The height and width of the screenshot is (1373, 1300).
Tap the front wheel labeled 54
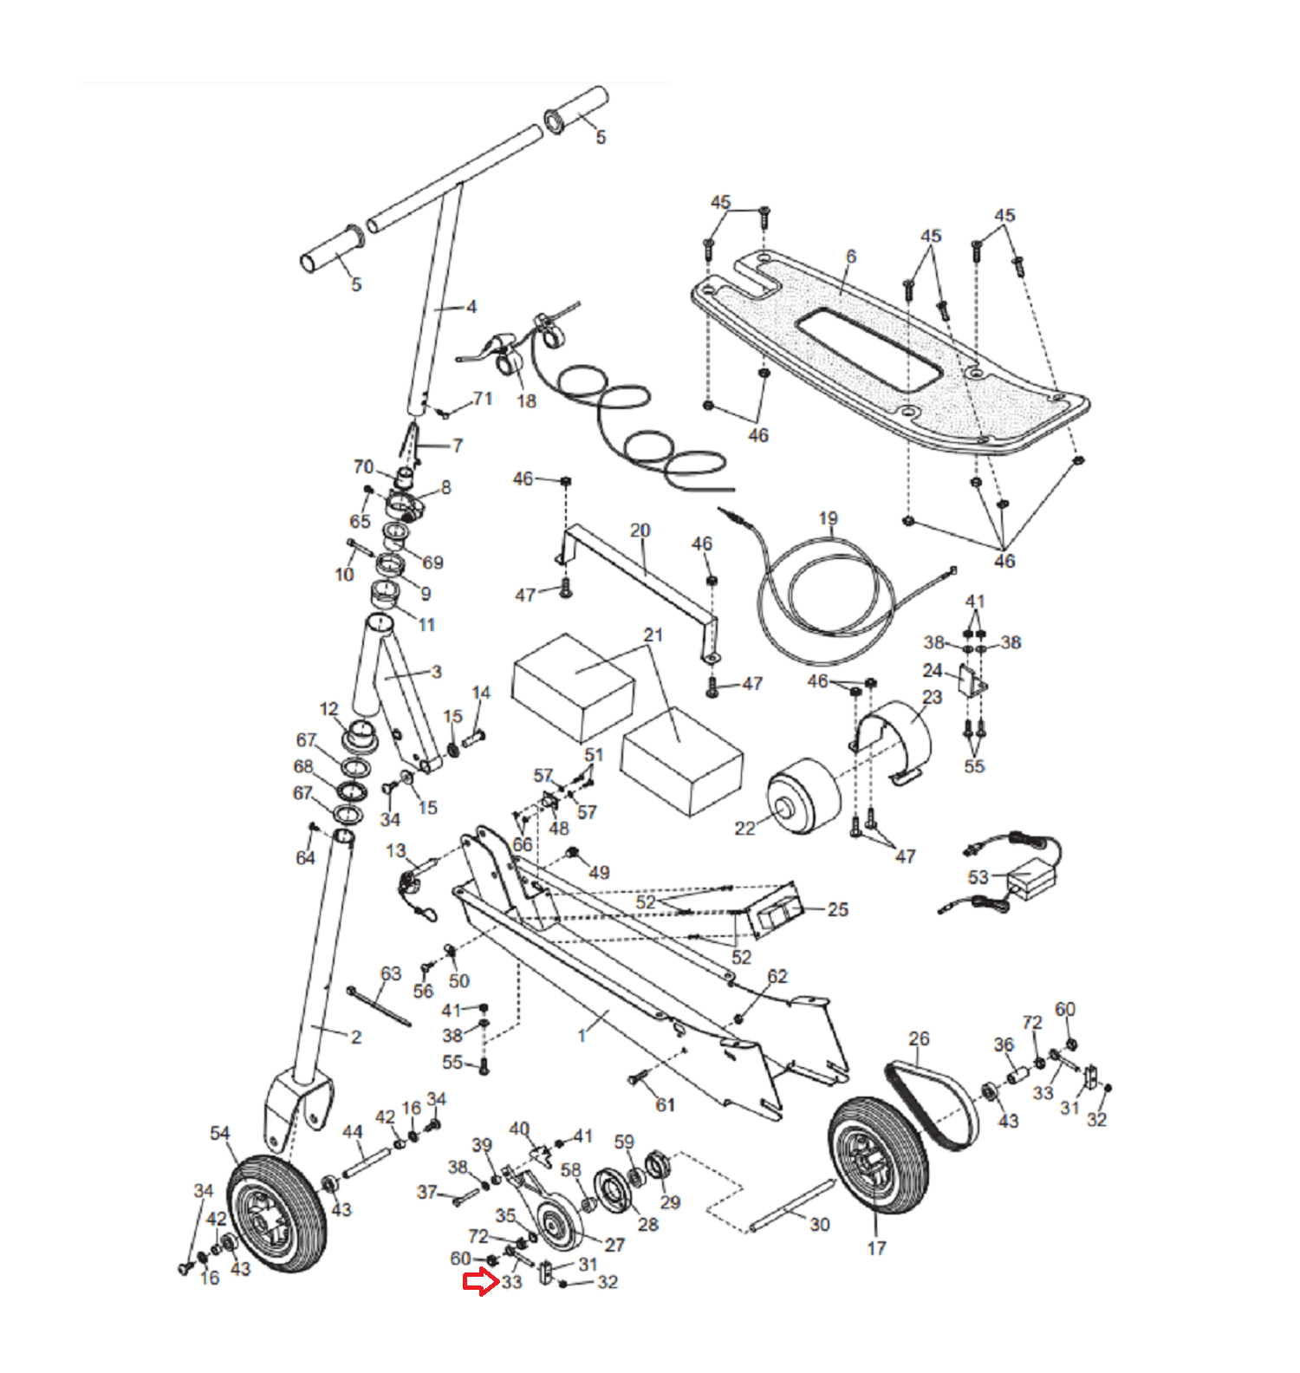(276, 1214)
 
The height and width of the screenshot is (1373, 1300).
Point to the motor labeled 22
(803, 797)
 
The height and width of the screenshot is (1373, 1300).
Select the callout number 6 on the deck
(851, 257)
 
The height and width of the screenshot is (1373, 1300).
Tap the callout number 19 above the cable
(829, 518)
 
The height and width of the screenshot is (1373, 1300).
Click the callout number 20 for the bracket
(640, 530)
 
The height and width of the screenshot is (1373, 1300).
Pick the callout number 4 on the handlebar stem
(471, 307)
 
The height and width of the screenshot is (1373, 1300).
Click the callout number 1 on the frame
(582, 1035)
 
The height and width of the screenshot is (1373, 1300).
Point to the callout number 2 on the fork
(356, 1037)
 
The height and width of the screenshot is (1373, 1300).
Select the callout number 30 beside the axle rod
(820, 1224)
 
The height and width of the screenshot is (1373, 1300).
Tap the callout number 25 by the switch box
(837, 909)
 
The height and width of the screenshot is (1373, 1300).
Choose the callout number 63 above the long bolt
(391, 973)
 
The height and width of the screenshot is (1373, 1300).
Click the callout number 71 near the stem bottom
(483, 398)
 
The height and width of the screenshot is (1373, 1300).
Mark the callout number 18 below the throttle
(526, 401)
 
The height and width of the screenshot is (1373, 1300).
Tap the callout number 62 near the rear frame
(777, 977)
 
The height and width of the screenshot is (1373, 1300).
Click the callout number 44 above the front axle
(352, 1132)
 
